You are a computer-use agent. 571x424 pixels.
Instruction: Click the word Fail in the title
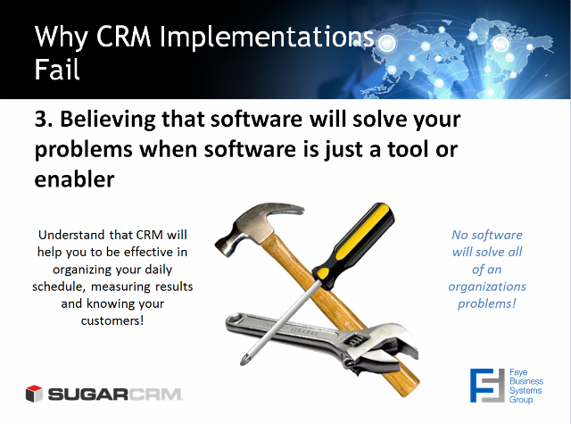pyautogui.click(x=57, y=70)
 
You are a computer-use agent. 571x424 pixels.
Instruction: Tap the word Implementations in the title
pyautogui.click(x=267, y=38)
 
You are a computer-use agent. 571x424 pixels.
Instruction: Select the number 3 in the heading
pyautogui.click(x=41, y=119)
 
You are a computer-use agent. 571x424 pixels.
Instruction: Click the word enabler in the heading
pyautogui.click(x=74, y=179)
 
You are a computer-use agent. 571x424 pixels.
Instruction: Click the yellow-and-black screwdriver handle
pyautogui.click(x=353, y=246)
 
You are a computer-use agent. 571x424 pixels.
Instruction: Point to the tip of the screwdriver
pyautogui.click(x=243, y=362)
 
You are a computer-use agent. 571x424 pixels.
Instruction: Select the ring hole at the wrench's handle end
pyautogui.click(x=236, y=320)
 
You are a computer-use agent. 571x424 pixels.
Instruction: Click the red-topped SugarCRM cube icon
pyautogui.click(x=34, y=394)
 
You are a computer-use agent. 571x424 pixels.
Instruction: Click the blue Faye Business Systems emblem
pyautogui.click(x=487, y=386)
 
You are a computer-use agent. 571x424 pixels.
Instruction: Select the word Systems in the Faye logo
pyautogui.click(x=525, y=390)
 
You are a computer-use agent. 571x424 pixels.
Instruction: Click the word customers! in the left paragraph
pyautogui.click(x=112, y=321)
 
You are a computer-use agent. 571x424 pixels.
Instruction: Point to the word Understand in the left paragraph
pyautogui.click(x=71, y=235)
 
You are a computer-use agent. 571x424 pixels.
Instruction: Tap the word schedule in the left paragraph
pyautogui.click(x=59, y=287)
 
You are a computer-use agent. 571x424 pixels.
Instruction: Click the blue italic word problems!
pyautogui.click(x=487, y=303)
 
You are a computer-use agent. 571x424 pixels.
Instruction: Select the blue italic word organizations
pyautogui.click(x=487, y=287)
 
